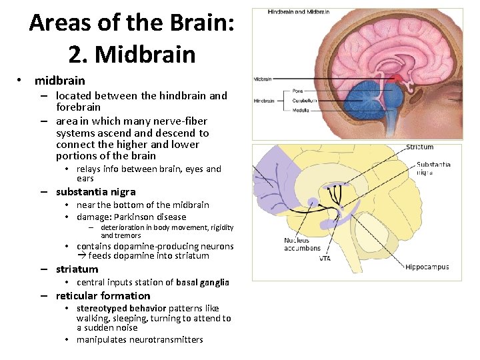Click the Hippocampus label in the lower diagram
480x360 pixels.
(x=427, y=267)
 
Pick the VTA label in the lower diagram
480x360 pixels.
(x=325, y=258)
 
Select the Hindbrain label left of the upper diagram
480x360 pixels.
(x=264, y=101)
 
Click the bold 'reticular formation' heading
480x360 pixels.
(x=103, y=296)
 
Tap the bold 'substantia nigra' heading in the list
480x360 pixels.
(x=95, y=192)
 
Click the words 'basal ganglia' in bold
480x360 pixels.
(x=203, y=283)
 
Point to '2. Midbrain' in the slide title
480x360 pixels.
(x=132, y=53)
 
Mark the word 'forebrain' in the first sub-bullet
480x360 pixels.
(x=78, y=107)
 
